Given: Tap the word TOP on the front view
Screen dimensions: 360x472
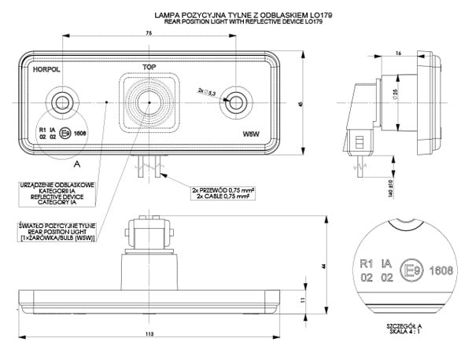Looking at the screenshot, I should point(149,68).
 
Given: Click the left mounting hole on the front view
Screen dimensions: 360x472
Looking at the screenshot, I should point(60,100).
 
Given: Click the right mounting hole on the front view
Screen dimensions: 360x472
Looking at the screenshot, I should point(235,100).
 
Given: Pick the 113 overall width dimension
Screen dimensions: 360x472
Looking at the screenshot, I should point(149,336).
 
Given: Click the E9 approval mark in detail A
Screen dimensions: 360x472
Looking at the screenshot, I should point(410,270).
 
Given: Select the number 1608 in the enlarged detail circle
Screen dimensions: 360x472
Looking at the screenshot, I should point(441,270).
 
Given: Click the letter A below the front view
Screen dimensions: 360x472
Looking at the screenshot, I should point(76,165).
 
